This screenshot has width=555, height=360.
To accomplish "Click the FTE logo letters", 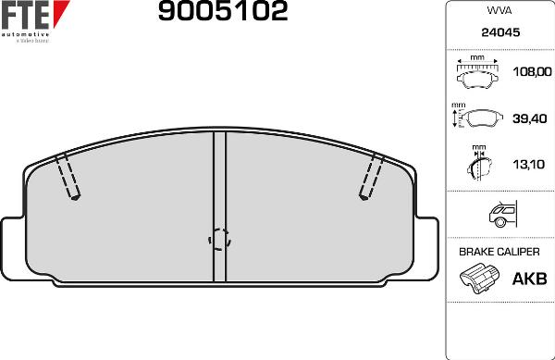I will (x=28, y=16).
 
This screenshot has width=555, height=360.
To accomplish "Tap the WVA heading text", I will (x=499, y=11).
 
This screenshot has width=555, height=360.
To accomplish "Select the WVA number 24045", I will (x=499, y=32).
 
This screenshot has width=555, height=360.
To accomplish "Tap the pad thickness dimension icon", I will (x=477, y=166).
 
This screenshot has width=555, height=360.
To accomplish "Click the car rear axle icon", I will (x=500, y=215).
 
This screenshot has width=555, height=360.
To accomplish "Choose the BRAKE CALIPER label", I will (x=499, y=252).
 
